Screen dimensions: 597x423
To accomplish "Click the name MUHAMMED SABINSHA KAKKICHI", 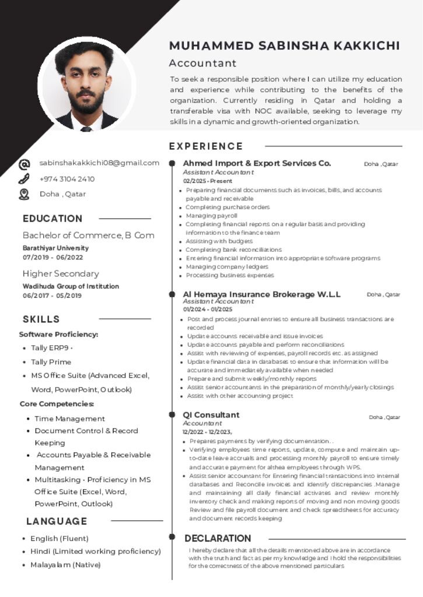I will [285, 46].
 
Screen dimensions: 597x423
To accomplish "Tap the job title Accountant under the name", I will [202, 63].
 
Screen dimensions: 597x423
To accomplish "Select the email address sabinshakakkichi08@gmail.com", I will [99, 163].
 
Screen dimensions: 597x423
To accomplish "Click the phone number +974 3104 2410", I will [67, 179].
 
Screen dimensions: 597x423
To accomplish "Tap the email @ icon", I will [25, 164].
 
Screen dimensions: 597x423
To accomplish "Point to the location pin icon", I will [25, 194].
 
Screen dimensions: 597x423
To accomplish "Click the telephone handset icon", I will [25, 179].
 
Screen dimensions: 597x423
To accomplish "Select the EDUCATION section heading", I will [53, 219].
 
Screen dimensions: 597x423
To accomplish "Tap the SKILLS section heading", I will [41, 319].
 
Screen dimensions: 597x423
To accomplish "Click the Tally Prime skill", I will [51, 362].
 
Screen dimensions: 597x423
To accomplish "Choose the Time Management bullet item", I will [69, 419].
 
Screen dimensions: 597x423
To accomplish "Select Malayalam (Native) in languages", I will [65, 564].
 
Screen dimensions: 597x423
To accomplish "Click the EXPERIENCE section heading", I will [206, 146].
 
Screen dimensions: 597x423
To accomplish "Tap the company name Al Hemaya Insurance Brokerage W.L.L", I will [261, 294].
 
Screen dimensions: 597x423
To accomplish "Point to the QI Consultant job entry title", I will [211, 415].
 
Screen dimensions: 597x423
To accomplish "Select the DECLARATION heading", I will [218, 538].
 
